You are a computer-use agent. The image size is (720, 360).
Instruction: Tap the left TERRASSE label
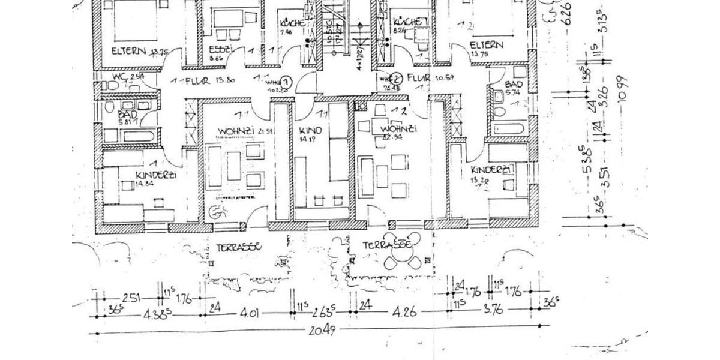(x=238, y=247)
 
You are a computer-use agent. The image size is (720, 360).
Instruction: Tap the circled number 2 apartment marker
(x=396, y=79)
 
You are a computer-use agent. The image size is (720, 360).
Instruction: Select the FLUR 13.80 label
(x=201, y=80)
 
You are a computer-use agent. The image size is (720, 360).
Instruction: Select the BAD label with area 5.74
(x=514, y=86)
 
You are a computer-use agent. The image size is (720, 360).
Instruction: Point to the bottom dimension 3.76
(x=493, y=310)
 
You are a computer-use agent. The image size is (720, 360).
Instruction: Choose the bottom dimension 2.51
(x=132, y=298)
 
